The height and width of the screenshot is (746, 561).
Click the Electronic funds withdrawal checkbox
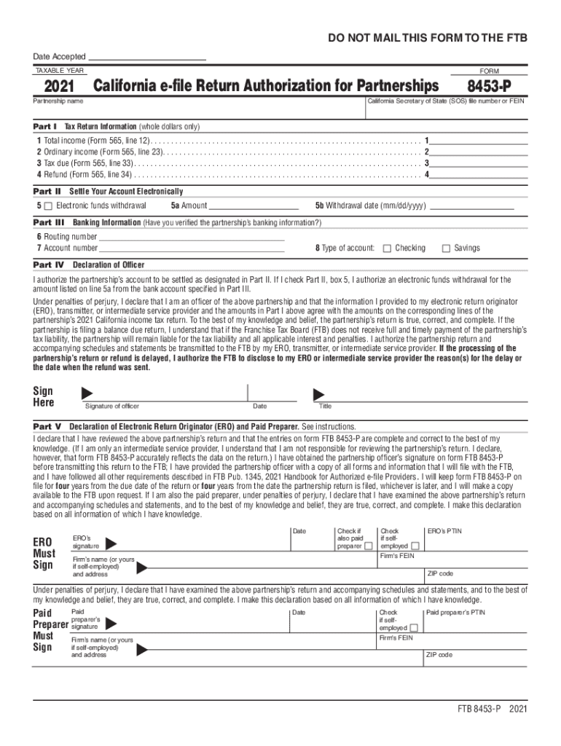click(x=48, y=206)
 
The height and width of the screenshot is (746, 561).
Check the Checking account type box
click(x=387, y=248)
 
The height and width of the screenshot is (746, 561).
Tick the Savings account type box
click(x=447, y=248)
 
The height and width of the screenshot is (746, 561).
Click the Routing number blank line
click(x=191, y=236)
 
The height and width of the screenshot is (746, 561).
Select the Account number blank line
click(x=191, y=248)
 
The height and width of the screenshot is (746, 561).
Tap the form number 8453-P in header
click(x=498, y=86)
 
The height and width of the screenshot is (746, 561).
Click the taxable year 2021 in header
click(x=60, y=87)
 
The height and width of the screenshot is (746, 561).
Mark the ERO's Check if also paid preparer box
click(x=369, y=546)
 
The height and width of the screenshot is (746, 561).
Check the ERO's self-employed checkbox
click(x=415, y=546)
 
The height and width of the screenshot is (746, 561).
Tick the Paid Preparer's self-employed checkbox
click(x=413, y=628)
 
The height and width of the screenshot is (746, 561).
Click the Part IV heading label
click(x=49, y=264)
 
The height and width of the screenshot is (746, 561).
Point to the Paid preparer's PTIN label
click(x=455, y=613)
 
